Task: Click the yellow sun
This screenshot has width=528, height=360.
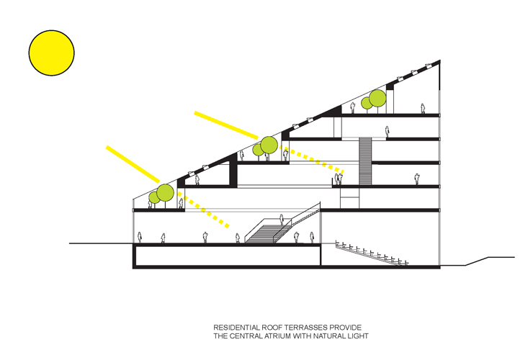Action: click(52, 53)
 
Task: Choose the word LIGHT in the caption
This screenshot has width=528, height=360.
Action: click(359, 336)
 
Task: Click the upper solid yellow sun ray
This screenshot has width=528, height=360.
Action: click(226, 125)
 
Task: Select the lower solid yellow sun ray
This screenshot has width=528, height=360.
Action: click(133, 164)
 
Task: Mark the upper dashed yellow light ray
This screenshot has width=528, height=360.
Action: click(312, 160)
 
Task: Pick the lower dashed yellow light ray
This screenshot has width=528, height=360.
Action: click(204, 210)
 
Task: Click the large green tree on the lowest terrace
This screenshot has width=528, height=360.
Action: click(165, 192)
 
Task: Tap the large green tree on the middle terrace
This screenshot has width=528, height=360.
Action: click(269, 145)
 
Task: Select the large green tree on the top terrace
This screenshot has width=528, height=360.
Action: click(377, 98)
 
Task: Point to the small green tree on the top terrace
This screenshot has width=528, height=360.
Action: click(367, 103)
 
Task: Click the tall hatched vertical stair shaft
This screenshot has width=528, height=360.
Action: click(365, 161)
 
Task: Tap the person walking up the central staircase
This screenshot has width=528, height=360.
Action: click(282, 220)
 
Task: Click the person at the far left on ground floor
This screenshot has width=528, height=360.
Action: click(139, 238)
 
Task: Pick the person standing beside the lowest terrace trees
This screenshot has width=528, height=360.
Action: click(182, 203)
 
